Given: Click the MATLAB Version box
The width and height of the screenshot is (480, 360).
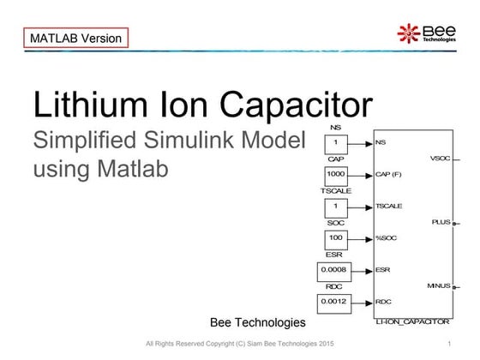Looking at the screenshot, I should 75,39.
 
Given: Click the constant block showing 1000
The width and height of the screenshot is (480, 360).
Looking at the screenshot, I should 336,175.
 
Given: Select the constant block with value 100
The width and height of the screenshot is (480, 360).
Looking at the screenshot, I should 336,237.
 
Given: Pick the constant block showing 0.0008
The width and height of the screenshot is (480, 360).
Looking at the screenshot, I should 336,270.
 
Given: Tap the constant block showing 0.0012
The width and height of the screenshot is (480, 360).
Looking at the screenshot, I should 336,302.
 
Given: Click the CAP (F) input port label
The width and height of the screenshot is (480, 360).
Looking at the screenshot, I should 390,175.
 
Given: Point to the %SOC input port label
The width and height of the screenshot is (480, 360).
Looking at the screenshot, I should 387,237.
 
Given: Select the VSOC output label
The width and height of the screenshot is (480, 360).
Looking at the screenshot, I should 439,159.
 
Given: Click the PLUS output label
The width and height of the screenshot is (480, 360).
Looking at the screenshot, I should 441,222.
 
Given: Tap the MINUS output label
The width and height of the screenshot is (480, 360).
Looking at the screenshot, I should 438,285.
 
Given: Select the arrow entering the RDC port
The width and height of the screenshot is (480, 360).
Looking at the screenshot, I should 363,302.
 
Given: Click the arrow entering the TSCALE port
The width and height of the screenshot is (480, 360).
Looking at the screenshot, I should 363,207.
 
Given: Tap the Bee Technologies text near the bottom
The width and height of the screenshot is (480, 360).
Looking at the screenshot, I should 257,322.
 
